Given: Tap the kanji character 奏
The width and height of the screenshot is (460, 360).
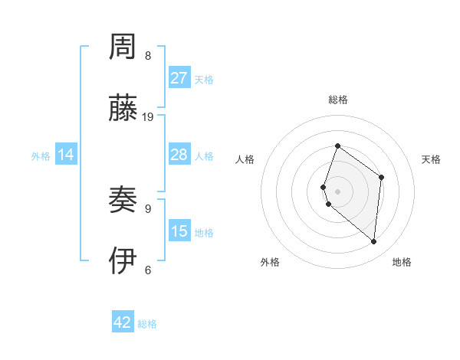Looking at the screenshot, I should tap(123, 201).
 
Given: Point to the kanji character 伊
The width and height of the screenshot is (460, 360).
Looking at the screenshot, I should tap(123, 262).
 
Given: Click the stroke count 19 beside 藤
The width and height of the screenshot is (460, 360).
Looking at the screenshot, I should tap(148, 117).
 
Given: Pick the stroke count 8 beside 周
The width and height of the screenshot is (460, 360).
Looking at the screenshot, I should tap(148, 56).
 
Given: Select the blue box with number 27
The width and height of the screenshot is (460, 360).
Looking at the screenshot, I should tap(179, 78).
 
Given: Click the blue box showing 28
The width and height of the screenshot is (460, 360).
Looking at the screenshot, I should tap(179, 155).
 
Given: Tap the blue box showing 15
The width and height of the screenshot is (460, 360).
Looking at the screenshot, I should tap(179, 231).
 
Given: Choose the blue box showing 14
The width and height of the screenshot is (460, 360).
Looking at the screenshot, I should tap(66, 155).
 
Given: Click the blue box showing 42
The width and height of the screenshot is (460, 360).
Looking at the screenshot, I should tap(123, 322).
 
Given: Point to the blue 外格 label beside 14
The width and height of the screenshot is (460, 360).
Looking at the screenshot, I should tap(41, 156).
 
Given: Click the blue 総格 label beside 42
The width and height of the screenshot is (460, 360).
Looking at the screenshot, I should tap(147, 324).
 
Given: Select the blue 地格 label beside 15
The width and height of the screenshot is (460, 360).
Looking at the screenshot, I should tap(204, 233).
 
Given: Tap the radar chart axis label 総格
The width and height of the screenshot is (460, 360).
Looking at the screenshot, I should tap(337, 100).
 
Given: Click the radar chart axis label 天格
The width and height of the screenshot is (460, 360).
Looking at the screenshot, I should tap(432, 159).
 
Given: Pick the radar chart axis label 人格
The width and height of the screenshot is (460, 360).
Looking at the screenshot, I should tap(245, 159).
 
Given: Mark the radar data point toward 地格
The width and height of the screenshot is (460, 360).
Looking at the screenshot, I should tap(374, 242).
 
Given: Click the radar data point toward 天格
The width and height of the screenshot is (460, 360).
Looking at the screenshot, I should tap(381, 178).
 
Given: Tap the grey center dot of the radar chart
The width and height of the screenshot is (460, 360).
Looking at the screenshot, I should tap(337, 191).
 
